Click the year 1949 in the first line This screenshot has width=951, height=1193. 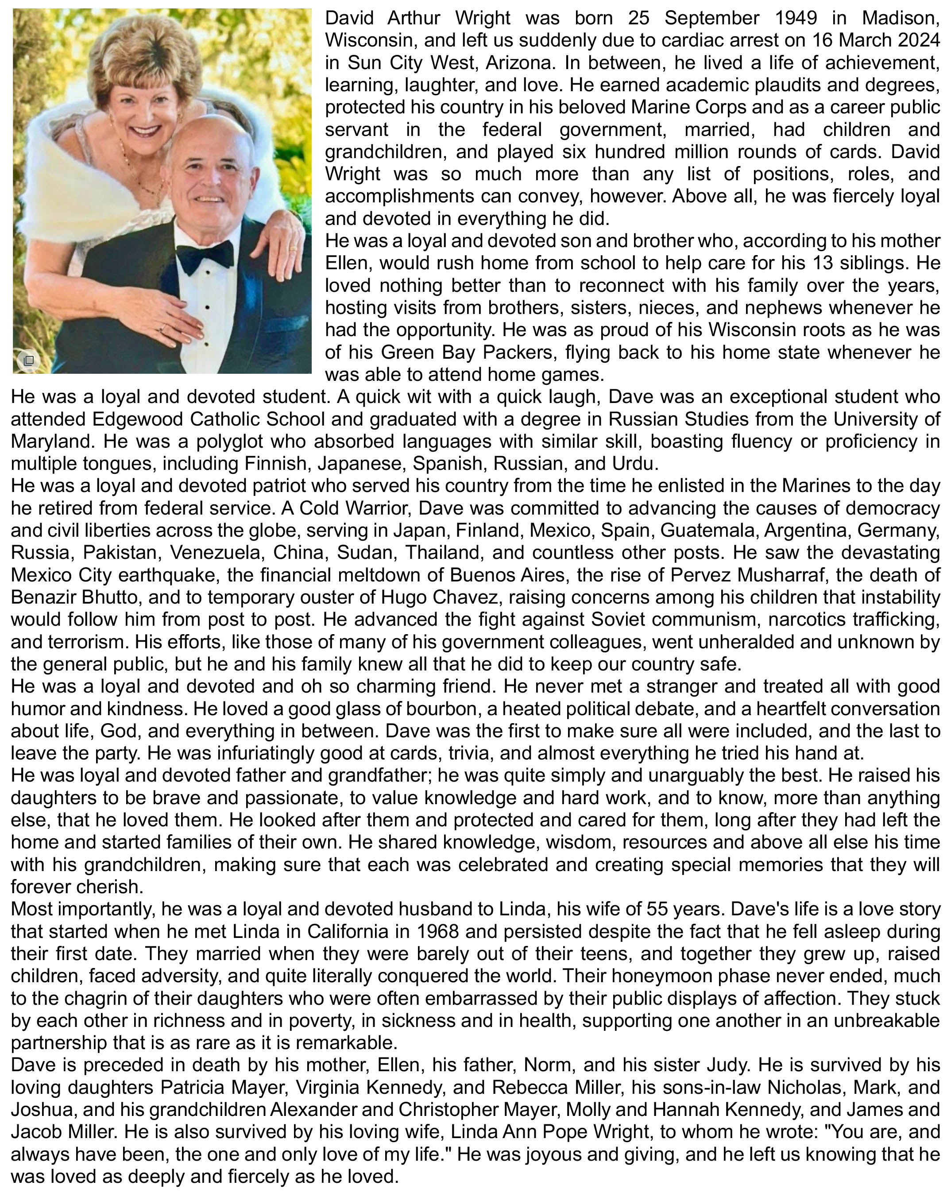click(796, 18)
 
